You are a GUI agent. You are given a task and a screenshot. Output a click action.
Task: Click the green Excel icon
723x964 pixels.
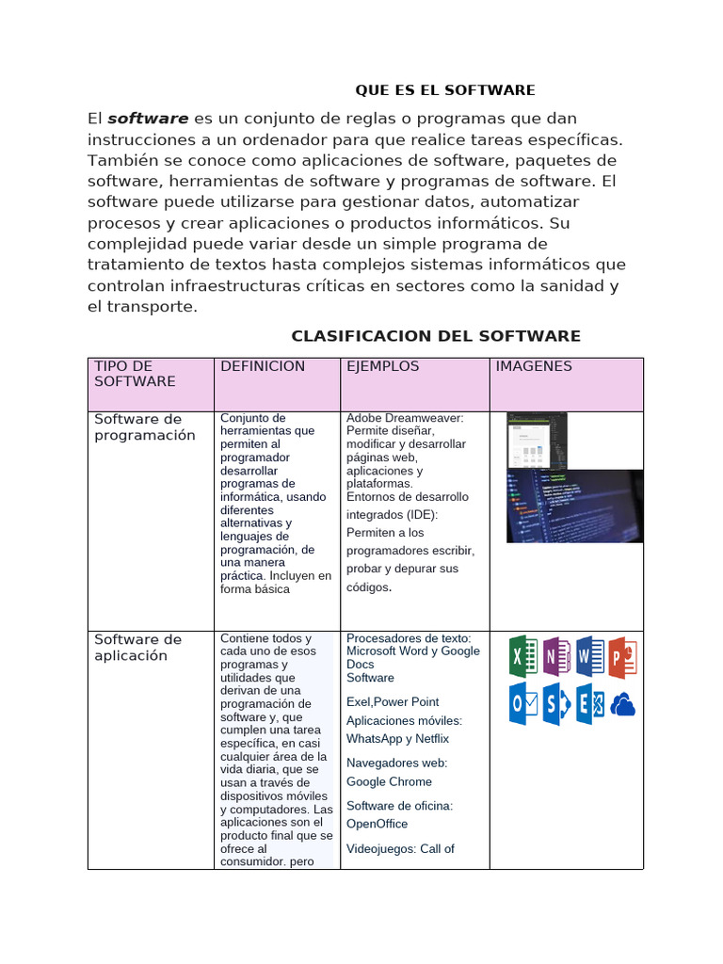coord(523,656)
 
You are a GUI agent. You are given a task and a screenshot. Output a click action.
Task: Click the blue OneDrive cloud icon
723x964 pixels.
coord(623,704)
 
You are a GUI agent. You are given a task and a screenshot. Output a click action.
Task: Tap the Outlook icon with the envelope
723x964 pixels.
coord(523,704)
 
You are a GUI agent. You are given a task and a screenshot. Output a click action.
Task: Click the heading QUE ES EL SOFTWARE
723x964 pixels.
coord(444,90)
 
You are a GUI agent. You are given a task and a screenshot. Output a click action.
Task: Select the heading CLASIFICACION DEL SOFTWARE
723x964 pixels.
coord(436,336)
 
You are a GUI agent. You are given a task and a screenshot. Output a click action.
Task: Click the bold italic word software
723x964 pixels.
coord(148,119)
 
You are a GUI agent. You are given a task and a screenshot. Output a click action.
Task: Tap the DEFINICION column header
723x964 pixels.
coord(263,366)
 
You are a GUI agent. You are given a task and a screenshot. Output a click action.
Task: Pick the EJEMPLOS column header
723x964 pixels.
coord(383,366)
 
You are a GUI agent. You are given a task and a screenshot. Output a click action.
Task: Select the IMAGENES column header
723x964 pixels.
coord(534,366)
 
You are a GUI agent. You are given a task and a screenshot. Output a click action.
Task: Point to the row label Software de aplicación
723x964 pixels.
coord(137,648)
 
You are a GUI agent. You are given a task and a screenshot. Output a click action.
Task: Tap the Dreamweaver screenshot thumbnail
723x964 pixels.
coord(537,441)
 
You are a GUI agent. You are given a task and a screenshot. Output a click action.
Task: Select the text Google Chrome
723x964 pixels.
coord(389,781)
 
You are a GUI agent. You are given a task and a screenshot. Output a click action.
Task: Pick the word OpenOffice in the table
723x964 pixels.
coord(377,824)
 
